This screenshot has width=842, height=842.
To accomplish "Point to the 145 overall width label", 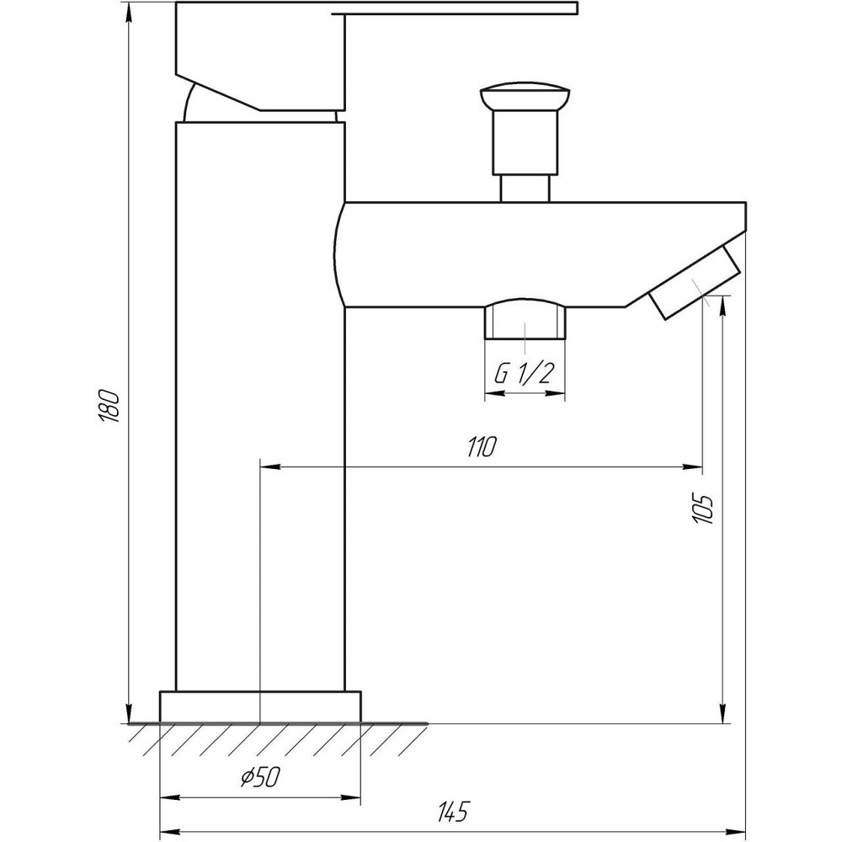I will [x=452, y=812].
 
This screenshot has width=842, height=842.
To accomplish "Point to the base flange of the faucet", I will [x=260, y=706].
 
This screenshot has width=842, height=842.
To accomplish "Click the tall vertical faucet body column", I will [x=260, y=404].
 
